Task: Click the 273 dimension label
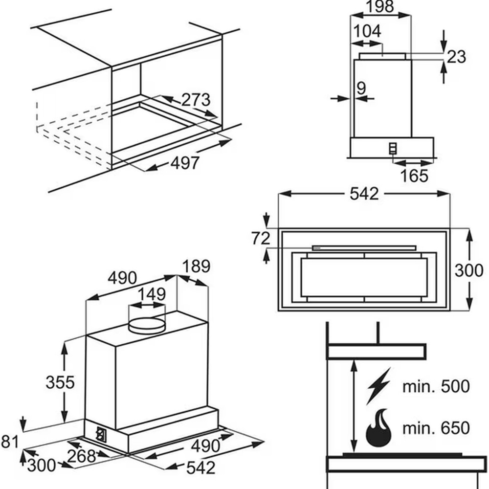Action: tap(196, 100)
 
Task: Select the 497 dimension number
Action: tap(185, 163)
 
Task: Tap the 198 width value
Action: tap(379, 6)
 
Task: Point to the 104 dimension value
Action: tap(368, 31)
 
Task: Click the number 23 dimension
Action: tap(456, 57)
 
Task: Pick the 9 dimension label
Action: tap(361, 88)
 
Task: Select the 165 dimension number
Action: tap(414, 176)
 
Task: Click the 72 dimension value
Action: tap(261, 239)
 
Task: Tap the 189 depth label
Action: tap(196, 267)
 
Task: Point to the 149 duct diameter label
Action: tap(152, 294)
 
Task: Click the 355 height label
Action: tap(60, 382)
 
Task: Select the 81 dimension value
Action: tap(10, 442)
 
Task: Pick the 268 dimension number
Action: tap(81, 456)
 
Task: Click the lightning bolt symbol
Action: tap(378, 386)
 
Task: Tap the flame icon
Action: tap(378, 427)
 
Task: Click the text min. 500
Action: tap(436, 386)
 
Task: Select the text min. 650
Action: tap(436, 427)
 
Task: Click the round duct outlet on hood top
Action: tap(147, 325)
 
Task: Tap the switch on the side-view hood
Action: tap(393, 149)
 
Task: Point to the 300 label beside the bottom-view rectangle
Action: tap(469, 270)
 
